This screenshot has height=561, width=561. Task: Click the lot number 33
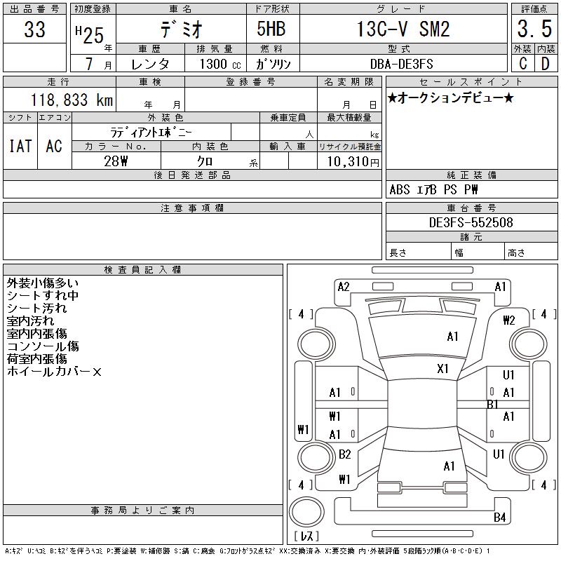point(34,29)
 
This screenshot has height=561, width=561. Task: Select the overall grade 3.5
point(534,29)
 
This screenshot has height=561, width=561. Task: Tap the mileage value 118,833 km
point(72,100)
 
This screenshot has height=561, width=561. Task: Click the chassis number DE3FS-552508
point(471,222)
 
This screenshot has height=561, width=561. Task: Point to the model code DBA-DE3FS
point(401,64)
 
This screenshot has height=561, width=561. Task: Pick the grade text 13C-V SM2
point(403,29)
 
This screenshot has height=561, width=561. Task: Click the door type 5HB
point(271,29)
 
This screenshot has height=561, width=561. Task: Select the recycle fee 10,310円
point(353,162)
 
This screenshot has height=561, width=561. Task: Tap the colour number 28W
point(116,161)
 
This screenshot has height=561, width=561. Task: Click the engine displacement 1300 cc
point(220,64)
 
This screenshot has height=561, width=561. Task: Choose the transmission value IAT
point(20,146)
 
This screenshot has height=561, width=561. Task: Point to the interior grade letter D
point(546,64)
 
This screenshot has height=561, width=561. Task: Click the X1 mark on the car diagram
point(442,369)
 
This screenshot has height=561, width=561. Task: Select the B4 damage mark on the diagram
point(499,517)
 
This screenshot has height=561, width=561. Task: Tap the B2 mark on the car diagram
point(344,454)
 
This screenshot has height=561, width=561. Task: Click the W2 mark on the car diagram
point(509,320)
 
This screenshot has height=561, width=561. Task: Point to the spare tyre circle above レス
point(306,512)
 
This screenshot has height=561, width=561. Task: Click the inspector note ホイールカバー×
point(54,372)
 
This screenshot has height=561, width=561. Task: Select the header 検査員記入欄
point(142,270)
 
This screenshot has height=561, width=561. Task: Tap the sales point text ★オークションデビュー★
point(450,97)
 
